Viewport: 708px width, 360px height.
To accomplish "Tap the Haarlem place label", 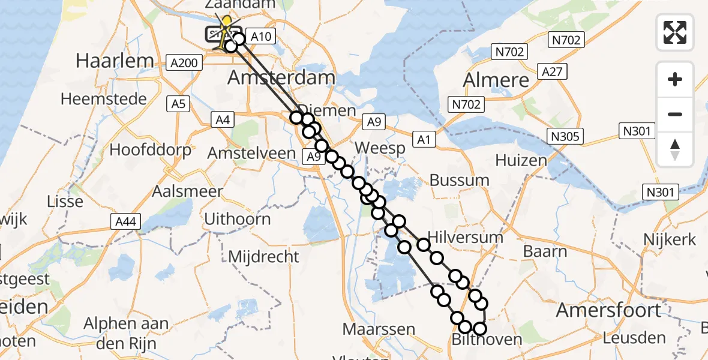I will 115,60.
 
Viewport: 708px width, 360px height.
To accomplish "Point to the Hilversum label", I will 465,237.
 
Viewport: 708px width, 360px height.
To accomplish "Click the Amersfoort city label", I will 608,310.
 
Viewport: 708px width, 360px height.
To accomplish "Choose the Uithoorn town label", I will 238,218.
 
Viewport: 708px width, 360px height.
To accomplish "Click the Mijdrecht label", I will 263,257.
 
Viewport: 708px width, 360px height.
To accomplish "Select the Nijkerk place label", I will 670,239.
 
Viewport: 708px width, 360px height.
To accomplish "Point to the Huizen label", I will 521,160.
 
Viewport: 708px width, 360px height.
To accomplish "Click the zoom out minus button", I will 675,115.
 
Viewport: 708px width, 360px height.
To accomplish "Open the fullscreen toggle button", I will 675,32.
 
